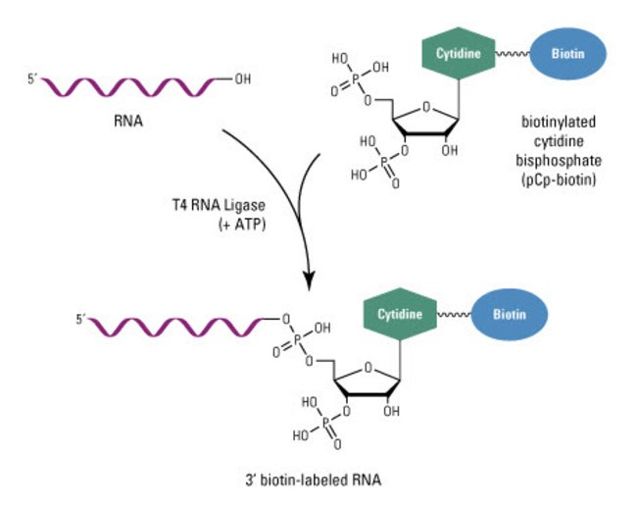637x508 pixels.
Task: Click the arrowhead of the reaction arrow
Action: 311,281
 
